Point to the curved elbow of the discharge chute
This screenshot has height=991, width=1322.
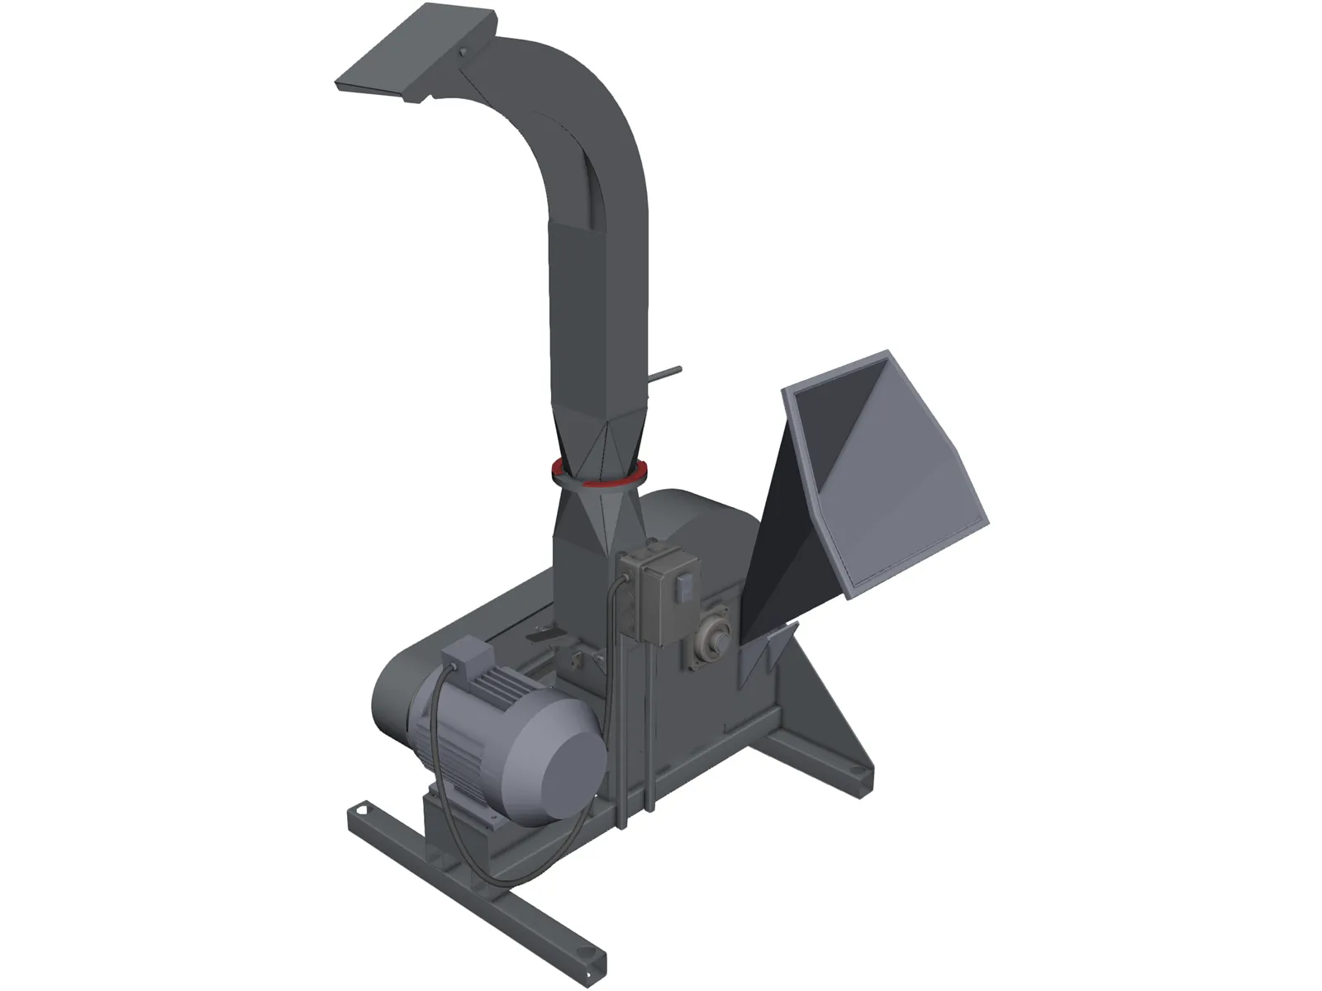578,116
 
